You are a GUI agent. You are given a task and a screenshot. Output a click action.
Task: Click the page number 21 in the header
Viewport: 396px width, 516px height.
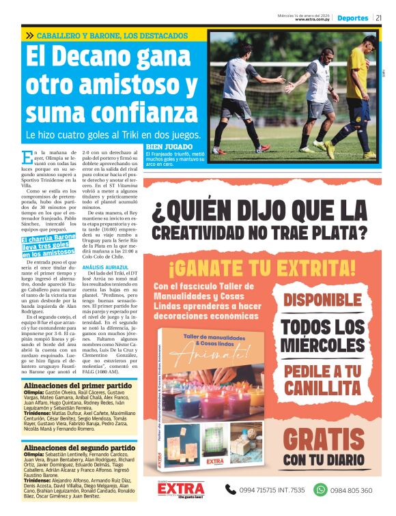[x=378, y=18]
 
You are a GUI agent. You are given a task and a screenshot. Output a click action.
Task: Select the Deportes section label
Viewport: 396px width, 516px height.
[x=352, y=18]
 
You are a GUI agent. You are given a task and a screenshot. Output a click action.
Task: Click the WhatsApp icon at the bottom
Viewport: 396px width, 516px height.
[x=320, y=489]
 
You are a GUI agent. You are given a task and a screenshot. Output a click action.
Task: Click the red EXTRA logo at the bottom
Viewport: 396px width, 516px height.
[x=180, y=489]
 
